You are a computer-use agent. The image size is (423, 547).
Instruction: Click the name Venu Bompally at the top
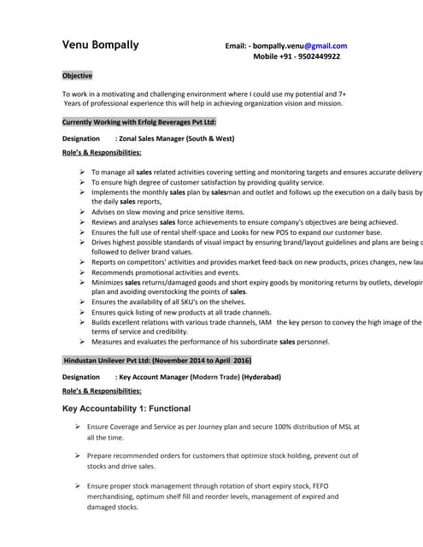click(100, 44)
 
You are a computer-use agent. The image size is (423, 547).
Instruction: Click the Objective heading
click(77, 76)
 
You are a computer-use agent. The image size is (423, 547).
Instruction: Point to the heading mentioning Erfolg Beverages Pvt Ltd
click(139, 123)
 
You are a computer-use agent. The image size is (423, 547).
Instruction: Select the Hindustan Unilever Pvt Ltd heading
click(156, 361)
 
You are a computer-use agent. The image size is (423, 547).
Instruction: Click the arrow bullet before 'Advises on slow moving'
click(80, 211)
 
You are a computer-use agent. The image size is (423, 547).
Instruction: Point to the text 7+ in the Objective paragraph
click(340, 92)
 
